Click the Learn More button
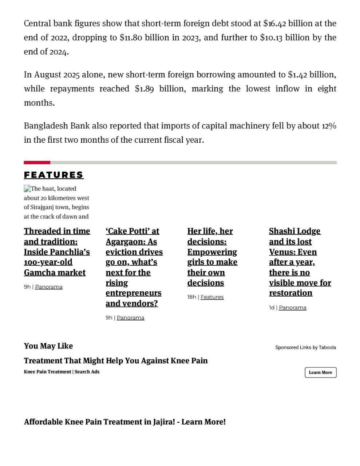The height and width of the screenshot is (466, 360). (320, 372)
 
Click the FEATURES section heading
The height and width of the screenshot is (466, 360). (54, 175)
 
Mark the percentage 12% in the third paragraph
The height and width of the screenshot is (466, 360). (329, 126)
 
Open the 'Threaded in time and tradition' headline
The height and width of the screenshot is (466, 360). (57, 252)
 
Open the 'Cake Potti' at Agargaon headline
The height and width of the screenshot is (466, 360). (134, 267)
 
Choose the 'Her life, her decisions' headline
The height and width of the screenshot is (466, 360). (212, 257)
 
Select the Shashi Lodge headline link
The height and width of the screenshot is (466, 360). (300, 262)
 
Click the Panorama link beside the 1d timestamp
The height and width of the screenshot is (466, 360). (292, 308)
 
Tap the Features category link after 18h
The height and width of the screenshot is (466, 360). (212, 297)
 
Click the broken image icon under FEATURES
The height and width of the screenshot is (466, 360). (27, 189)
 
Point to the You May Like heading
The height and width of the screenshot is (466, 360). (48, 346)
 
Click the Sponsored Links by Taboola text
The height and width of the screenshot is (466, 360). (305, 347)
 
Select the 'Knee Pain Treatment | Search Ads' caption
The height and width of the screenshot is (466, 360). (62, 372)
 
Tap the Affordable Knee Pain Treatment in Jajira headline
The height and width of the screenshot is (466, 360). (124, 422)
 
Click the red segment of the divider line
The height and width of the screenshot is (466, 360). (37, 162)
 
